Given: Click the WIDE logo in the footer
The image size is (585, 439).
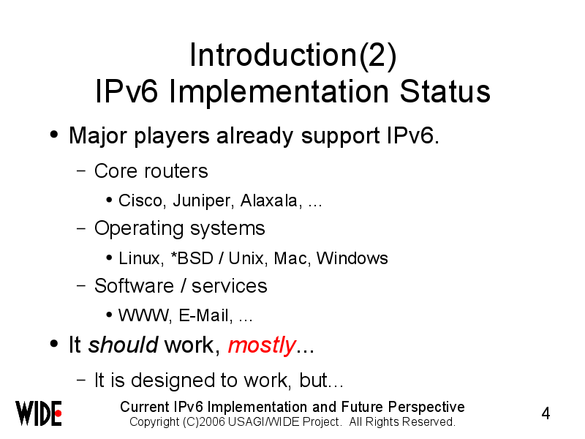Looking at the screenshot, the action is (x=39, y=413).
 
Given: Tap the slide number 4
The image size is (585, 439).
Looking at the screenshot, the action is (x=546, y=413).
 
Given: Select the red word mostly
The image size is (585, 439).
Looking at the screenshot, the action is (x=262, y=345).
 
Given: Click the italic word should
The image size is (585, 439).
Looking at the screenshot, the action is (x=123, y=345).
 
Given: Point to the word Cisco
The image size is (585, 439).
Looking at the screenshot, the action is (x=140, y=200).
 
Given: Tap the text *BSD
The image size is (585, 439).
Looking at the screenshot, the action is (x=192, y=258).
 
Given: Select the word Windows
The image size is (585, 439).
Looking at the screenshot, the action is (x=352, y=258).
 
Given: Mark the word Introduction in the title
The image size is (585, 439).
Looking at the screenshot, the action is (x=273, y=56).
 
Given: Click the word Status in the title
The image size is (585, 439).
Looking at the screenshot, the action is (x=445, y=91).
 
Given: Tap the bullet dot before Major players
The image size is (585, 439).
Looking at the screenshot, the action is (x=54, y=135).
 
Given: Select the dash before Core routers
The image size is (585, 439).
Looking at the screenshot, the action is (x=81, y=171).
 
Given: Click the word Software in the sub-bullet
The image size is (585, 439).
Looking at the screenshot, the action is (x=134, y=286).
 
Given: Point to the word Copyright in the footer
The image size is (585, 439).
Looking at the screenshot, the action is (x=154, y=422).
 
